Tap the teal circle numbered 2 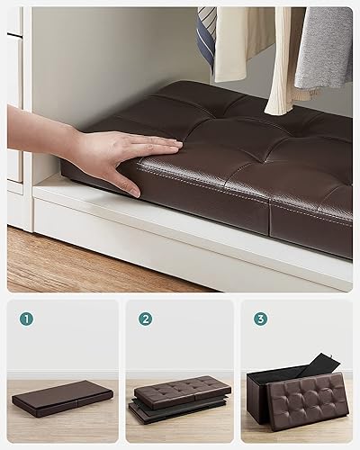(x=145, y=318)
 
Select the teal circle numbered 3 (x=260, y=318)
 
